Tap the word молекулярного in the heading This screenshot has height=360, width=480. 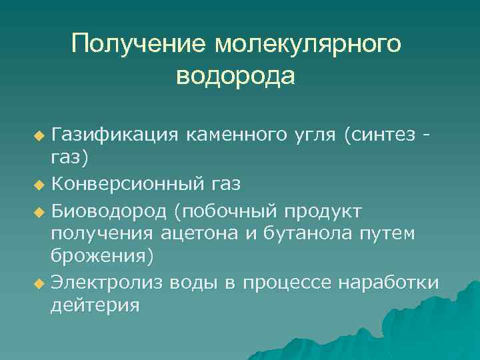pyautogui.click(x=308, y=45)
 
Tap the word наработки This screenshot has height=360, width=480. pyautogui.click(x=389, y=283)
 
